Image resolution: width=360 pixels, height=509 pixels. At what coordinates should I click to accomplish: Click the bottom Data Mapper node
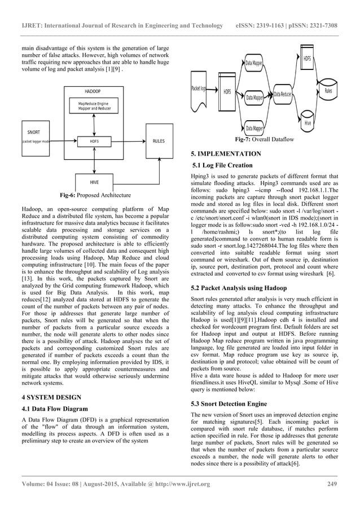tap(253, 129)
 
